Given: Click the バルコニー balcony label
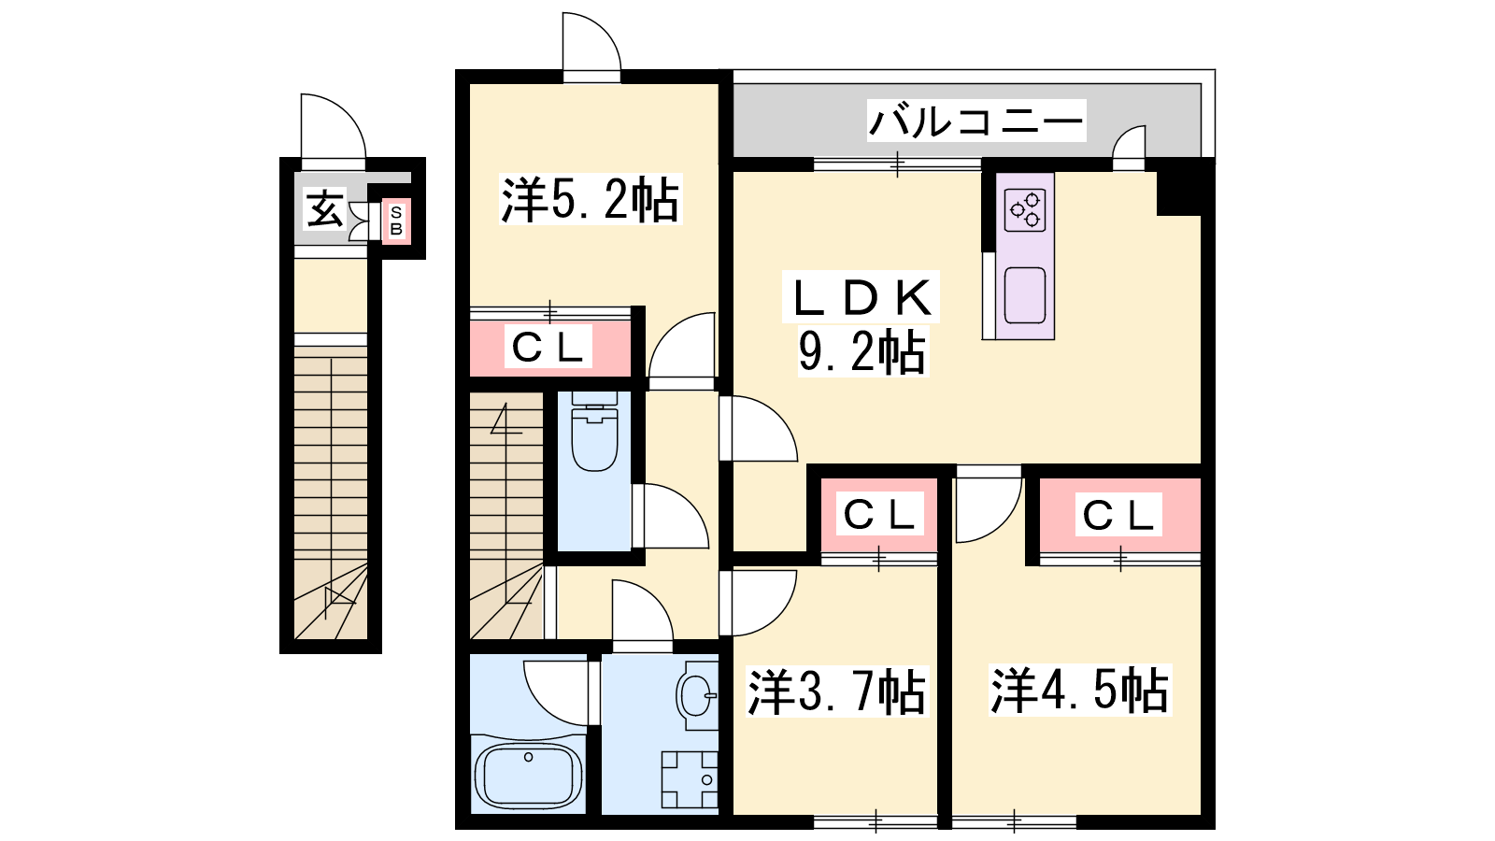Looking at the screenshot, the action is tap(975, 121).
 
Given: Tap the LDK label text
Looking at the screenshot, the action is tap(861, 297).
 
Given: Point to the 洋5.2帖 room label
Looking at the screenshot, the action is tap(590, 199).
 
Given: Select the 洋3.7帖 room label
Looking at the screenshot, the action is tap(837, 692).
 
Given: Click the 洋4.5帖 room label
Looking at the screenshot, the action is tap(1080, 691).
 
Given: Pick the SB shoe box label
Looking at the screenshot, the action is tap(396, 221).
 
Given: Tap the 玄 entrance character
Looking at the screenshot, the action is tap(325, 209).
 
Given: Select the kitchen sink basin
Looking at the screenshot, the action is tap(1025, 295).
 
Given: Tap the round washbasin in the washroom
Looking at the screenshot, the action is tap(697, 695).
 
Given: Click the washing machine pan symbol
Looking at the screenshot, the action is tap(690, 779).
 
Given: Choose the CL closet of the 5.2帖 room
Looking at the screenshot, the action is tap(549, 348).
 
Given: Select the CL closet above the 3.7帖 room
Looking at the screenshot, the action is tap(879, 515).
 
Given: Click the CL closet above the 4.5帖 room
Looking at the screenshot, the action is tap(1120, 515).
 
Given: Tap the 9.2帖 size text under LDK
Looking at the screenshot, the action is tap(861, 351).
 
